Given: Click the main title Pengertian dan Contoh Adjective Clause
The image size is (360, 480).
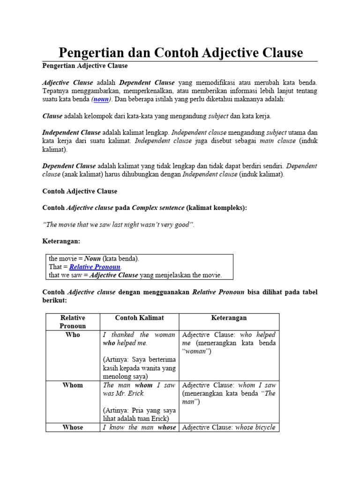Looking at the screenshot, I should click(x=180, y=52).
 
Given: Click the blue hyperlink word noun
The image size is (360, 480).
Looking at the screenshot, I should click(x=101, y=99).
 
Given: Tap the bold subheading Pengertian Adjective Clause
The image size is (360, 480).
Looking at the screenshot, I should click(x=85, y=66).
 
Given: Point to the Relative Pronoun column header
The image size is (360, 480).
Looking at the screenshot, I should click(x=73, y=322).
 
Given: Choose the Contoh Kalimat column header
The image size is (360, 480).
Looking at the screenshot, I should click(x=139, y=318).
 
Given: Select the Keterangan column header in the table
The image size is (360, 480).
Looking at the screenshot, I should click(x=229, y=318).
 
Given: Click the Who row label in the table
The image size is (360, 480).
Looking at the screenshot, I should click(x=73, y=335).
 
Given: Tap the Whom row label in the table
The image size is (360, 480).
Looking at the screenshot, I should click(x=73, y=385).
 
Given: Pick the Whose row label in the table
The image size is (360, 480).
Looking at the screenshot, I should click(x=73, y=427).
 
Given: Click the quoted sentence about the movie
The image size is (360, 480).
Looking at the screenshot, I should click(x=118, y=225).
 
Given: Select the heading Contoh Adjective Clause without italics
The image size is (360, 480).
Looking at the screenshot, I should click(x=80, y=191).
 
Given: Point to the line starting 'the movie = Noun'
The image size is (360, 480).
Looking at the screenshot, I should click(x=94, y=258).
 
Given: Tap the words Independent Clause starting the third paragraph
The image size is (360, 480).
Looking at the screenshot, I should click(x=71, y=133).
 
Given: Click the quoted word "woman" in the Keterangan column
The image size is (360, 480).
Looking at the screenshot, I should click(x=196, y=352).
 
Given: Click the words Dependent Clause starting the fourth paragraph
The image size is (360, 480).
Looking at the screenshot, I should click(x=69, y=166).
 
